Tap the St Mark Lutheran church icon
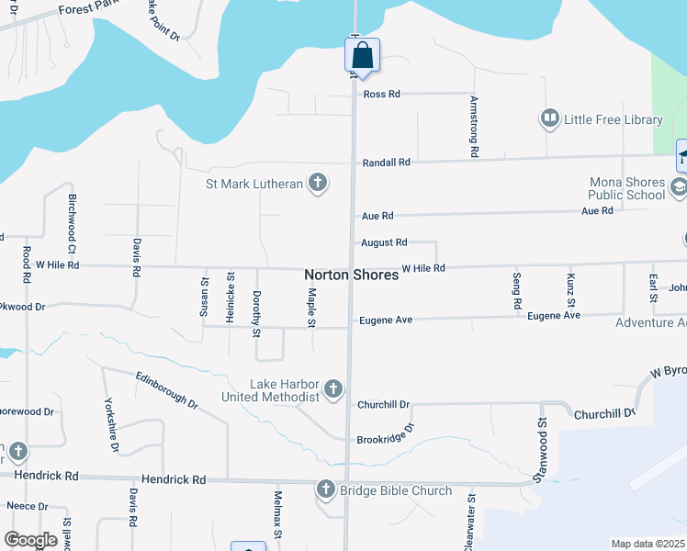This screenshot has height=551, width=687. pyautogui.click(x=317, y=184)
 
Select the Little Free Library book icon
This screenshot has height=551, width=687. pyautogui.click(x=550, y=118)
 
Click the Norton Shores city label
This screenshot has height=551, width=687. pyautogui.click(x=351, y=275)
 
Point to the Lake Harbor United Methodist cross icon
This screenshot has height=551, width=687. pyautogui.click(x=332, y=389)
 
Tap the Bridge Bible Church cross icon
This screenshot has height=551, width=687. pyautogui.click(x=326, y=489)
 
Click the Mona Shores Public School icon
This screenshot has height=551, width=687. pyautogui.click(x=678, y=188)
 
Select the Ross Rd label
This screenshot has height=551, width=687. pyautogui.click(x=382, y=94)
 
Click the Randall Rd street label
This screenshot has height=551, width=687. pyautogui.click(x=386, y=162)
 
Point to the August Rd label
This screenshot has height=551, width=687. pyautogui.click(x=384, y=242)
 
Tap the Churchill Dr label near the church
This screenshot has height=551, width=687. pyautogui.click(x=384, y=404)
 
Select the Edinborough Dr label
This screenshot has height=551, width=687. pyautogui.click(x=166, y=389)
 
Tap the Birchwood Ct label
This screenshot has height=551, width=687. pyautogui.click(x=71, y=222)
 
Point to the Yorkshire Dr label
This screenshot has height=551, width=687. pyautogui.click(x=112, y=423)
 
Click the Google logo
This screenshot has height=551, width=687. pyautogui.click(x=30, y=540)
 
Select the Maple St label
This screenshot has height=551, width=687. pyautogui.click(x=312, y=308)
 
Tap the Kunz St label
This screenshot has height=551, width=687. pyautogui.click(x=570, y=290)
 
